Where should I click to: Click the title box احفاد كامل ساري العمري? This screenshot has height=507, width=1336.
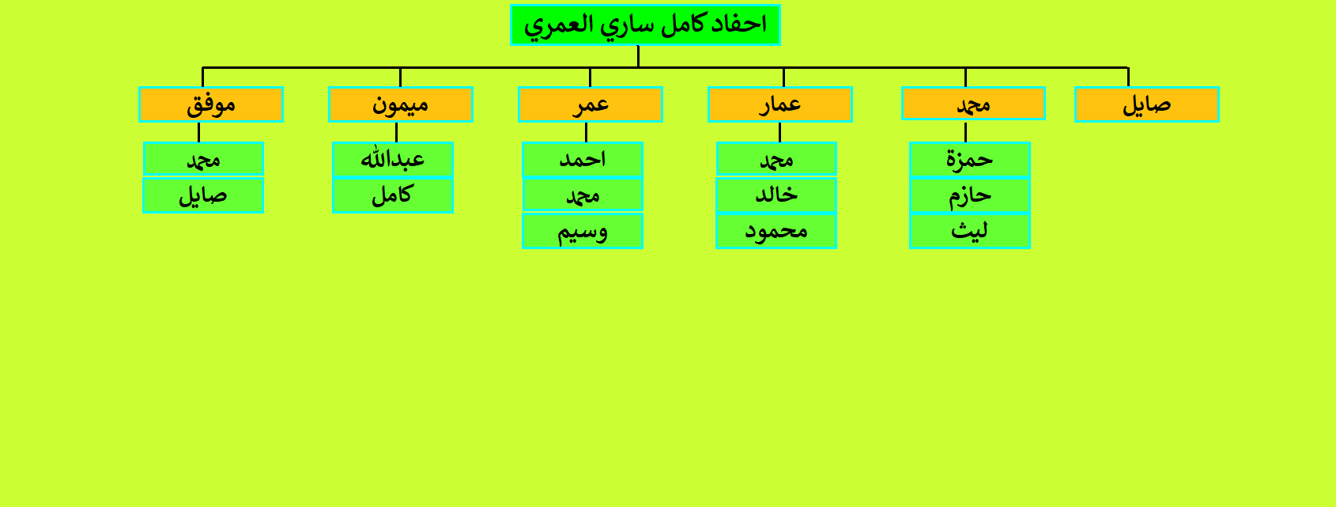pos(645,25)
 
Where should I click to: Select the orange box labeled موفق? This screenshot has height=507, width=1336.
pos(211,104)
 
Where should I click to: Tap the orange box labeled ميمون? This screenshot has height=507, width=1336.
pos(401,104)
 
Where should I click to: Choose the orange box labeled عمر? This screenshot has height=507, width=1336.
pos(591,104)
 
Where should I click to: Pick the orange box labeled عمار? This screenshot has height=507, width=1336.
pos(780,104)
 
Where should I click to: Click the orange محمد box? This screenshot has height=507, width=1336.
pos(973,103)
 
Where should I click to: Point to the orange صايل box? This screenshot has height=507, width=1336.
pos(1147,104)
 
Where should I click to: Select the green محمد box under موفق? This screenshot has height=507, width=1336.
pos(203,159)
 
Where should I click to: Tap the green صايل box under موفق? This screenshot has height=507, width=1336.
pos(203,195)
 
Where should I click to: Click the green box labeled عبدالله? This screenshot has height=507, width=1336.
pos(393,159)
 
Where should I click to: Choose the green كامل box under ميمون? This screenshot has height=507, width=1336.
pos(393,195)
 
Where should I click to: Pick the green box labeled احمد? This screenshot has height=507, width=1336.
pos(583,159)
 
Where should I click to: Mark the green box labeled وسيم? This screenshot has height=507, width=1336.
pos(583,231)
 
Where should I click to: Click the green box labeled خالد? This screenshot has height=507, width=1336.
pos(776,195)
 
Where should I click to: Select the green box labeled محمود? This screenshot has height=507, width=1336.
pos(776,231)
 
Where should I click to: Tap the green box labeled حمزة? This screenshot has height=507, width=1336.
pos(970,159)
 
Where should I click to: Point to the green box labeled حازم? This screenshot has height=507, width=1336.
pos(970,195)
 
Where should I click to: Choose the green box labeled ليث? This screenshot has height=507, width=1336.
pos(970,231)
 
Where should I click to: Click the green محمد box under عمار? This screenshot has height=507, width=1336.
pos(776,159)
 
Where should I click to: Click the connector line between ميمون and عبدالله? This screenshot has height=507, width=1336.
pos(397,132)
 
